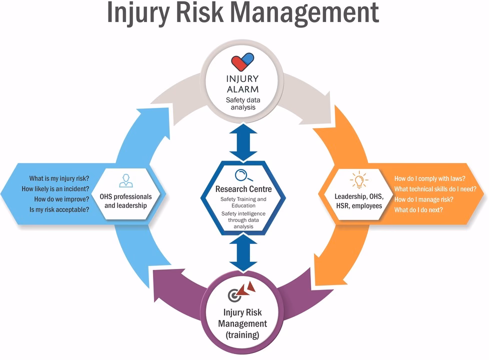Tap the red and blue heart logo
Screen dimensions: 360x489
242,63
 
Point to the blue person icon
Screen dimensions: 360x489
125,180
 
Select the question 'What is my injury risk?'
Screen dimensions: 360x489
59,178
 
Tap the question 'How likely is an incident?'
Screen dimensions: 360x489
55,188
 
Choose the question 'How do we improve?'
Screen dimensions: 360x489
61,199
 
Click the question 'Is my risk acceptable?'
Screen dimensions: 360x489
59,209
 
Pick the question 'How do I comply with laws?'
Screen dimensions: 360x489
430,178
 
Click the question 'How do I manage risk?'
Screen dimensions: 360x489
423,199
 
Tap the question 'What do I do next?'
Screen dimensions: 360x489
418,210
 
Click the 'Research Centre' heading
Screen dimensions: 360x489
243,189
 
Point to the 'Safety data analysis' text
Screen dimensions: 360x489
243,103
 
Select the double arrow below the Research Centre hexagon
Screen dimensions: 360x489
243,252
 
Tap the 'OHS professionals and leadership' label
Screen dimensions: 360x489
125,201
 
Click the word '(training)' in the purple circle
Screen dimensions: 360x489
242,334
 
